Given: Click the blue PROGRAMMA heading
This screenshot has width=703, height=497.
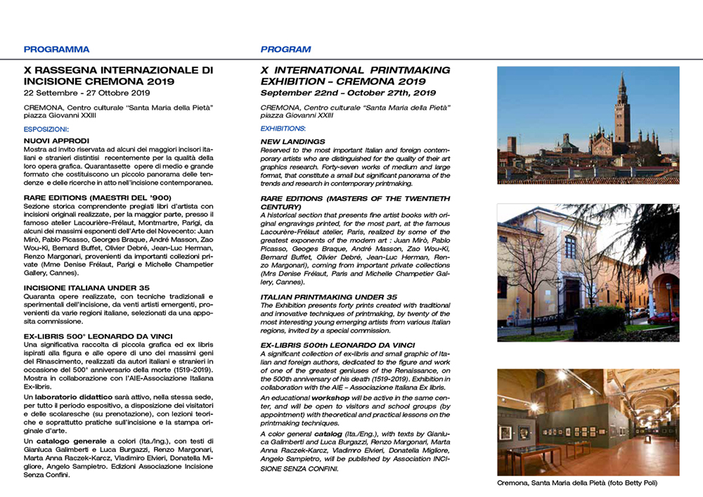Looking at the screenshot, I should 56,50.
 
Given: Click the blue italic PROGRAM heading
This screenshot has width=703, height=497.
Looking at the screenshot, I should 285,50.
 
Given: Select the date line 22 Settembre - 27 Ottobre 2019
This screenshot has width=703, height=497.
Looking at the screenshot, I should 87,93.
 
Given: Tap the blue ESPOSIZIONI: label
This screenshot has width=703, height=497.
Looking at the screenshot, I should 46,129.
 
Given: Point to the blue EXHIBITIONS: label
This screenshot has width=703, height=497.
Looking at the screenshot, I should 283,129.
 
